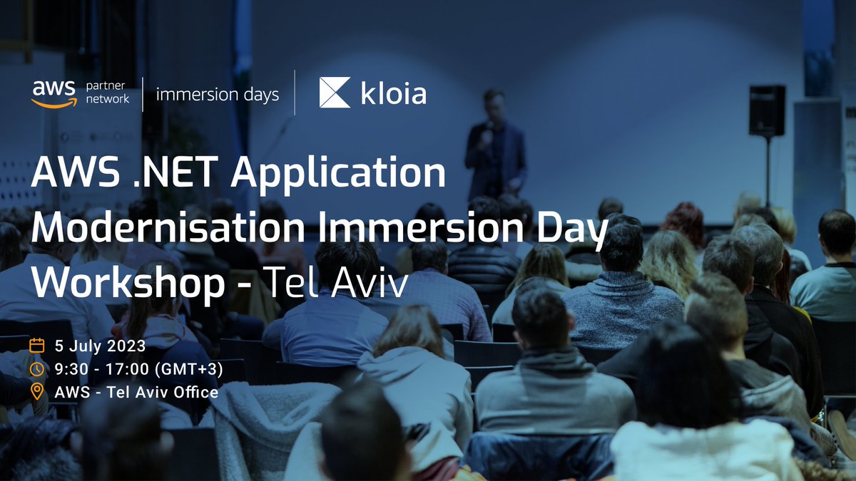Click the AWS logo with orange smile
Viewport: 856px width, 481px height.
53,93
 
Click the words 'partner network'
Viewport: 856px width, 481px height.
108,93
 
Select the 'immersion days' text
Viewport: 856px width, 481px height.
217,94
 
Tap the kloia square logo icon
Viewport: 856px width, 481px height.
335,93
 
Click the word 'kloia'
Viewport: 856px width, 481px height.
392,93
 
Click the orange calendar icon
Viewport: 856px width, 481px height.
37,346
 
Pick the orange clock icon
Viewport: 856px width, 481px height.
37,369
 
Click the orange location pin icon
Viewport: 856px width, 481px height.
37,392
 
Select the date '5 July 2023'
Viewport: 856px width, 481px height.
100,346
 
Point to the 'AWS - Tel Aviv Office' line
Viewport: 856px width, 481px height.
136,392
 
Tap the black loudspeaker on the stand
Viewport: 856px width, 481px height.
767,110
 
